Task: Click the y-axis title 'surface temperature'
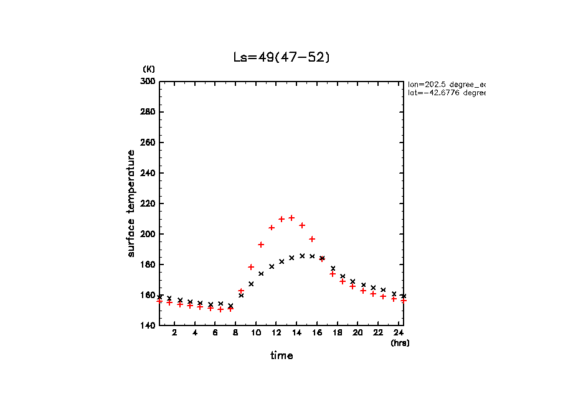coord(131,203)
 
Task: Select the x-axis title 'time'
coord(281,356)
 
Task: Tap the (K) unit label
coord(149,68)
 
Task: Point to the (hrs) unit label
coord(400,343)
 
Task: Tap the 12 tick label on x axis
coord(276,334)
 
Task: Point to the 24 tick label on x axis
coord(398,334)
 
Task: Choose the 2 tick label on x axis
coord(174,334)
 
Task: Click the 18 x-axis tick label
coord(337,334)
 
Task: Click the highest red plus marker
coord(291,218)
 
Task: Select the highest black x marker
coord(302,256)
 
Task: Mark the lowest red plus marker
coord(220,309)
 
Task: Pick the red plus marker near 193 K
coord(261,245)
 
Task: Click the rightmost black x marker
coord(404,296)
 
